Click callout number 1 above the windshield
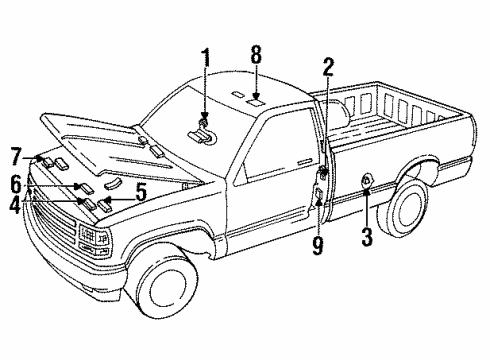[x=207, y=58]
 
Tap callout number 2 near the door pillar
[x=327, y=68]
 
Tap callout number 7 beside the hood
[x=15, y=156]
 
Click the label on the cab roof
[x=256, y=101]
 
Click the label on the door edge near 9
[x=318, y=196]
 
